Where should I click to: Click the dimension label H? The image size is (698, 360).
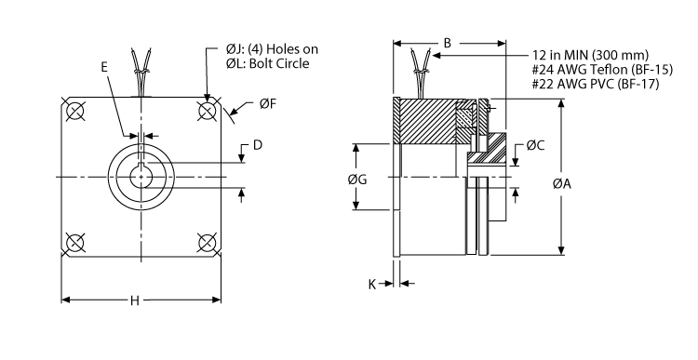pyautogui.click(x=135, y=300)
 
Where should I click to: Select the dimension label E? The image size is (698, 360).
pyautogui.click(x=104, y=67)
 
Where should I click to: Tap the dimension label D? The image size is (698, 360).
pyautogui.click(x=258, y=145)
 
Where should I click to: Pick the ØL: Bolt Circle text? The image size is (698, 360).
pyautogui.click(x=267, y=63)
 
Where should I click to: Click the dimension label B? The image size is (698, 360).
pyautogui.click(x=448, y=43)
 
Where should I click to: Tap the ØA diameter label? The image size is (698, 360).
pyautogui.click(x=587, y=184)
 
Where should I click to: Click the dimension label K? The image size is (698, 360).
pyautogui.click(x=373, y=285)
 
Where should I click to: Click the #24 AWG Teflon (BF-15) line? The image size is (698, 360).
pyautogui.click(x=603, y=69)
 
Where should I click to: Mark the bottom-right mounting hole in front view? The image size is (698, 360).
pyautogui.click(x=207, y=243)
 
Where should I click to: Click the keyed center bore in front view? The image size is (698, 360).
pyautogui.click(x=141, y=177)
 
